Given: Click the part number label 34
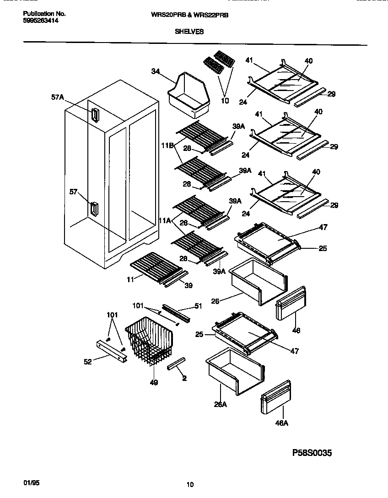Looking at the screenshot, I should coord(156,71).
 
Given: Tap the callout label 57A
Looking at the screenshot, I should coord(58,97).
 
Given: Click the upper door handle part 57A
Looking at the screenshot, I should coord(94,115).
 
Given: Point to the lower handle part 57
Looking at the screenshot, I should coord(93,209).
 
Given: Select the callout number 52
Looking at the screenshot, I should coord(87,362).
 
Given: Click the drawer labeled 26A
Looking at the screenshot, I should coord(235,370).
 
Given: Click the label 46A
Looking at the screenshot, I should coord(282,423).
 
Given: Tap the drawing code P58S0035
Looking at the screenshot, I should coord(312,453).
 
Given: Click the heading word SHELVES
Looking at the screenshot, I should coord(189,32).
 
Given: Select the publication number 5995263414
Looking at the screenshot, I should coord(40,21).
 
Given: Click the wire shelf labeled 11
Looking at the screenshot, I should coord(156,267).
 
